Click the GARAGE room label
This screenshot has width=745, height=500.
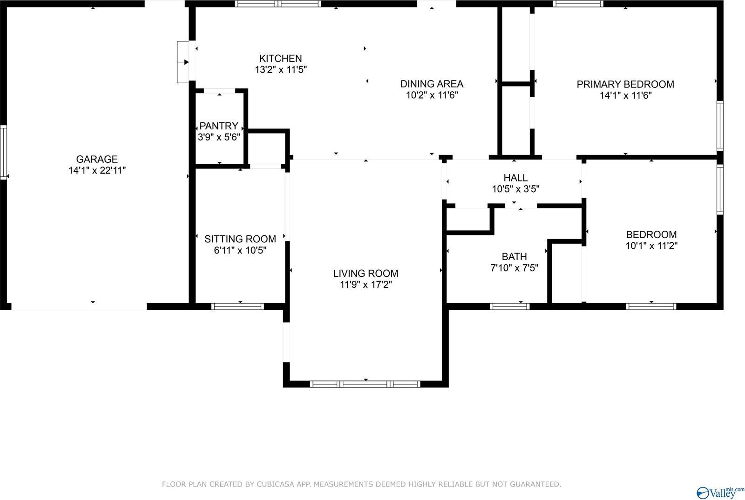tap(97, 159)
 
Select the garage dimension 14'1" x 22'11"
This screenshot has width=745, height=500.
tap(97, 171)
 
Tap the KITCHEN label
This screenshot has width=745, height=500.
tap(280, 59)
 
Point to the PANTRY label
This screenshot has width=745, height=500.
tap(219, 126)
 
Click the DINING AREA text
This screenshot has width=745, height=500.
tap(432, 84)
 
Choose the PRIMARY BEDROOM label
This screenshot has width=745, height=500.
tap(625, 85)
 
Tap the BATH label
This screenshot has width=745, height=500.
tap(515, 257)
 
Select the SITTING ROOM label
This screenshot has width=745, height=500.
tap(240, 239)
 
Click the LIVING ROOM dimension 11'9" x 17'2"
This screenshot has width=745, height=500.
tap(366, 285)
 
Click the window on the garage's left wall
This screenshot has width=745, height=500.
tap(3, 152)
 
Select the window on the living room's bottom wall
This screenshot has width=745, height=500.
tap(365, 384)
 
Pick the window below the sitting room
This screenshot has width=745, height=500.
tap(237, 307)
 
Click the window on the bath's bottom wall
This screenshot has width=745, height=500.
tap(509, 307)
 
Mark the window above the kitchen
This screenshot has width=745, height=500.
tap(278, 4)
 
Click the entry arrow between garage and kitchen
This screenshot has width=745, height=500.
tap(186, 62)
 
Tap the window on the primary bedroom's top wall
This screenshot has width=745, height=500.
tap(578, 4)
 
